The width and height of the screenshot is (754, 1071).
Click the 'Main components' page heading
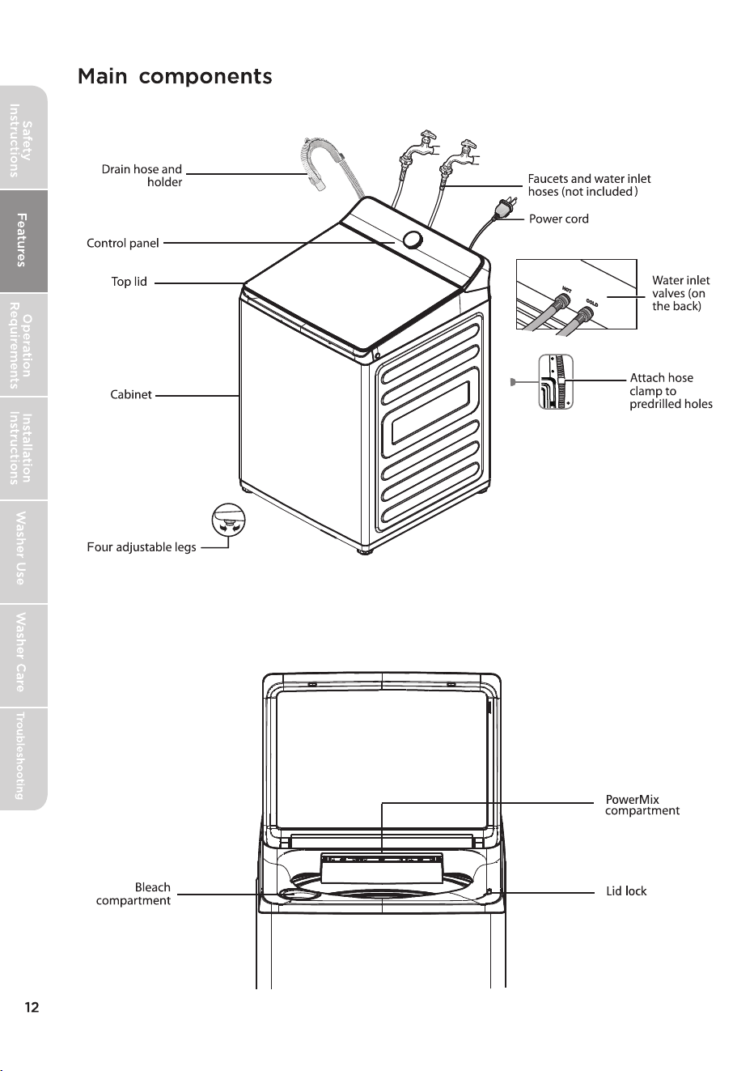pyautogui.click(x=175, y=76)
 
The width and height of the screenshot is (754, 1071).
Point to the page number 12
pyautogui.click(x=32, y=1007)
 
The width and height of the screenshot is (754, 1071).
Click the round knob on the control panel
pyautogui.click(x=413, y=240)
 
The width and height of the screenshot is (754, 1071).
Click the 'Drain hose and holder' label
pyautogui.click(x=142, y=176)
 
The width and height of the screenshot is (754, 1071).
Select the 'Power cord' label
pyautogui.click(x=558, y=219)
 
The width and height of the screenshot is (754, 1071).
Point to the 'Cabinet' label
pyautogui.click(x=131, y=394)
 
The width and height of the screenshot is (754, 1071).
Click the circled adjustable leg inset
pyautogui.click(x=228, y=521)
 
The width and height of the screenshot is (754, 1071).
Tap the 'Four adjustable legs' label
pyautogui.click(x=142, y=547)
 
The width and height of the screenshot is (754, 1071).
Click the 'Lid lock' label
pyautogui.click(x=626, y=891)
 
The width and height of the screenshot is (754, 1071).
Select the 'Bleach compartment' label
pyautogui.click(x=133, y=894)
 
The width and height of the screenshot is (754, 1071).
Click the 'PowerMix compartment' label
pyautogui.click(x=642, y=805)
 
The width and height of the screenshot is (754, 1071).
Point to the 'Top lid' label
pyautogui.click(x=129, y=282)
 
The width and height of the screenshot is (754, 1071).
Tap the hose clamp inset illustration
pyautogui.click(x=556, y=381)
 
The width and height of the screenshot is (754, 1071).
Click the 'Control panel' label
pyautogui.click(x=123, y=244)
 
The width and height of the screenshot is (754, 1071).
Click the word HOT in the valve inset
pyautogui.click(x=566, y=290)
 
